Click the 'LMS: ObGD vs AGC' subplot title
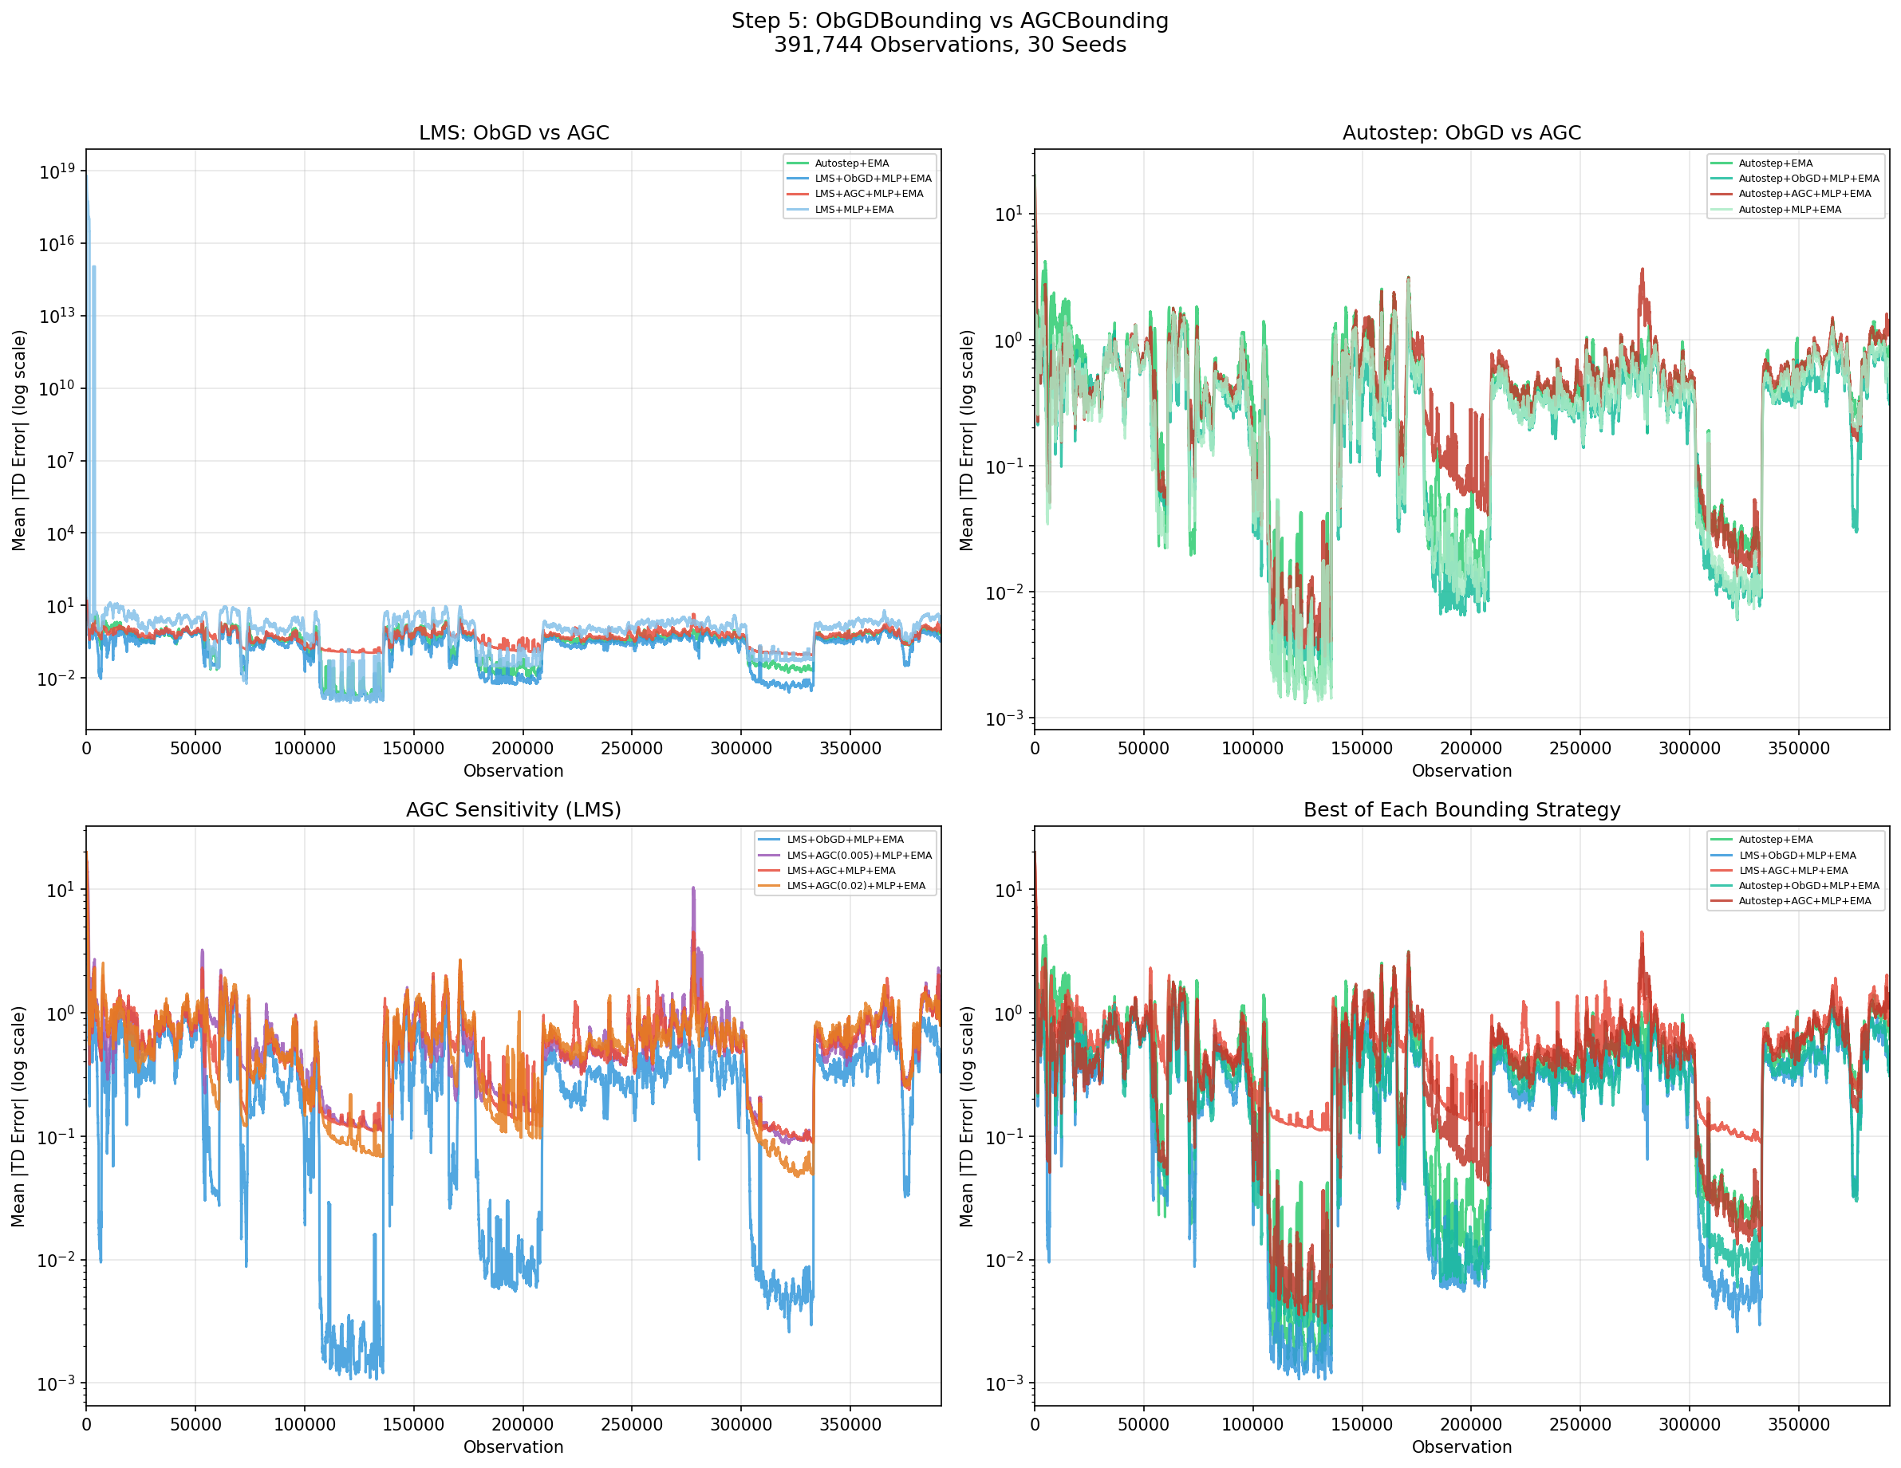[x=514, y=133]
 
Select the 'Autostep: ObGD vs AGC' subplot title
[x=1461, y=133]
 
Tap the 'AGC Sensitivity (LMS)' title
[x=514, y=810]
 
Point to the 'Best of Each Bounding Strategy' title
[x=1461, y=810]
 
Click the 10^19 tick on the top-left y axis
[x=57, y=171]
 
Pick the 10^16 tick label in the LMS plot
[x=57, y=244]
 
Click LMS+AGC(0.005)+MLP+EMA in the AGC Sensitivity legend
[x=858, y=856]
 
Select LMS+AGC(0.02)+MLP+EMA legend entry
[x=856, y=886]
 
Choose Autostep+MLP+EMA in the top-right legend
[x=1789, y=210]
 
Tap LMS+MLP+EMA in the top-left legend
[x=854, y=210]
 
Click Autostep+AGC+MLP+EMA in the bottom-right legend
[x=1804, y=902]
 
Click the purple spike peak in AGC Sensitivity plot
[x=693, y=888]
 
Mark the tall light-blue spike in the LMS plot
[x=93, y=269]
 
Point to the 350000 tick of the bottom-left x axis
[x=850, y=1426]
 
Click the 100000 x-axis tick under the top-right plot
[x=1252, y=749]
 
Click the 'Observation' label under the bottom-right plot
[x=1461, y=1447]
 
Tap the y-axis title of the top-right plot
[x=966, y=440]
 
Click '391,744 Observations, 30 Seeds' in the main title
[x=949, y=45]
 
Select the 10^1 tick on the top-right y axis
[x=1009, y=214]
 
